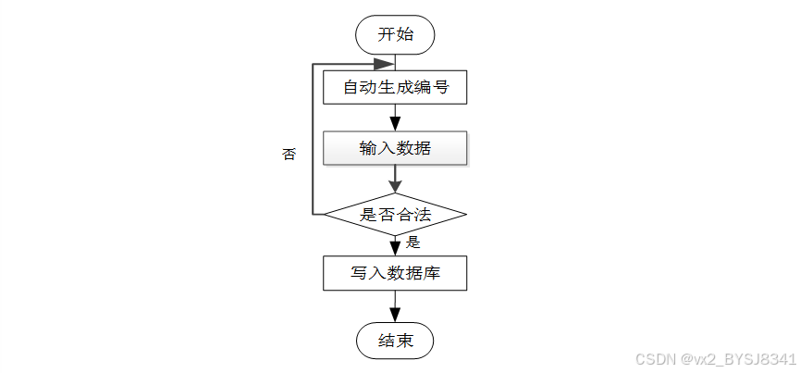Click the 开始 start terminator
(x=396, y=34)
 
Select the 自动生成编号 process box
(x=395, y=87)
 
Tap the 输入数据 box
(x=395, y=148)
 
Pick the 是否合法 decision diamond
(x=396, y=215)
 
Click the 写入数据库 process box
(x=395, y=273)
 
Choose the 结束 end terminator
(x=396, y=341)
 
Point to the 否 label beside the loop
(x=289, y=154)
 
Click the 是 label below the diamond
(x=412, y=242)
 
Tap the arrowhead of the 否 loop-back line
(x=385, y=64)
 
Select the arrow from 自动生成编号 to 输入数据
(x=396, y=118)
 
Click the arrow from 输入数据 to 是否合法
(x=396, y=180)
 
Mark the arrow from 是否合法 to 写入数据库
(x=396, y=246)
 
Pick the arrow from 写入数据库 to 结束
(x=396, y=306)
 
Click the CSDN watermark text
(x=716, y=359)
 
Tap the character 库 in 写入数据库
(x=432, y=273)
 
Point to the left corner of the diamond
(x=325, y=215)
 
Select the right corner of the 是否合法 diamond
(x=466, y=215)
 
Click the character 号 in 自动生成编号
(x=440, y=87)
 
